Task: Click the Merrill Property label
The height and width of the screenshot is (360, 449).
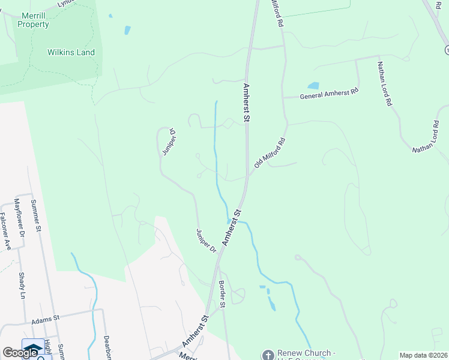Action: [33, 20]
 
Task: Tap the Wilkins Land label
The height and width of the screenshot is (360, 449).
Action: [71, 52]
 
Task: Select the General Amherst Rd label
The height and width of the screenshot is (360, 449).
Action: [329, 94]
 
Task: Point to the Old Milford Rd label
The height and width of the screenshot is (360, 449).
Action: [269, 153]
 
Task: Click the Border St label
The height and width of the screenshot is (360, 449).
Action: [221, 294]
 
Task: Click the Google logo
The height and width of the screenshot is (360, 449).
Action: [20, 353]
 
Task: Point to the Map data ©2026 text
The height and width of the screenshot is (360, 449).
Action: [423, 355]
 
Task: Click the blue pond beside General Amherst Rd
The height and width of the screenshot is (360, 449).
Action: [313, 86]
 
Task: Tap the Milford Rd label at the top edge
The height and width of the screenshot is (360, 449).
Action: [277, 13]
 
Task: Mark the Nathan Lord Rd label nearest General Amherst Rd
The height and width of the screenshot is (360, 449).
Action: [385, 83]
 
